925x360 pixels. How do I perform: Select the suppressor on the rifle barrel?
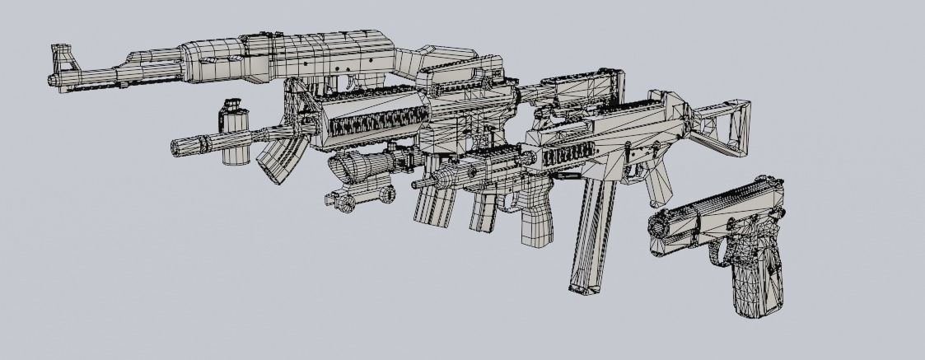click(191, 147)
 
